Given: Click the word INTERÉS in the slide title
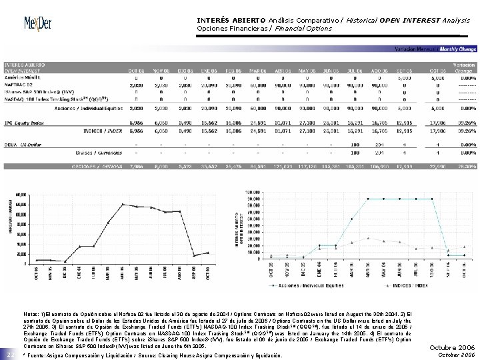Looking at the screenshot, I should pyautogui.click(x=212, y=20).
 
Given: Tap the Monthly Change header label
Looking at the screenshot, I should pyautogui.click(x=459, y=49).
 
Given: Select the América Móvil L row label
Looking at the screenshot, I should pyautogui.click(x=22, y=78).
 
